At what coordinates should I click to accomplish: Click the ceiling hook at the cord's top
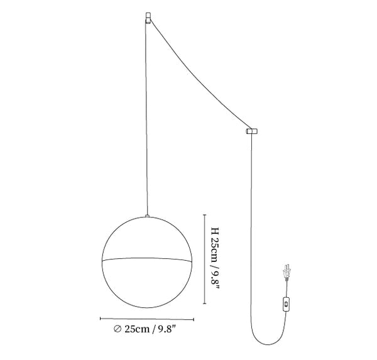point(148,18)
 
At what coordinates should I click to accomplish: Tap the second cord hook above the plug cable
point(252,131)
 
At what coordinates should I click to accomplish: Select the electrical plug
point(287,271)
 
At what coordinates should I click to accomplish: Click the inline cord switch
point(286,305)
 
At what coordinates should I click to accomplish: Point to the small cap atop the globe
point(147,216)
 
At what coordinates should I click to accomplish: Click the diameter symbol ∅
point(117,329)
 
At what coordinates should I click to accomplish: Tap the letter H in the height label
point(215,231)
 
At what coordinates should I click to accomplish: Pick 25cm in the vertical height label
point(215,250)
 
